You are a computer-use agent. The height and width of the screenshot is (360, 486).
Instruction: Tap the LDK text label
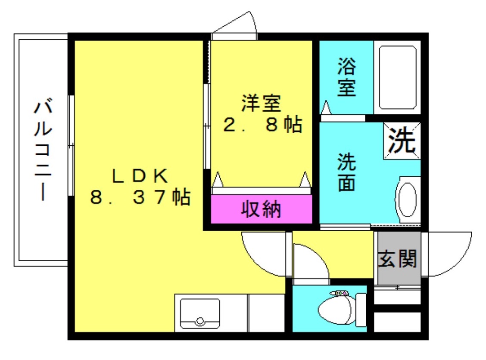[x=139, y=175]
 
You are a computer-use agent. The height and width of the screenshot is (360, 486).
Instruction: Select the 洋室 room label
[x=261, y=103]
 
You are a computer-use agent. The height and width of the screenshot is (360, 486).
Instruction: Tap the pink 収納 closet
[x=261, y=210]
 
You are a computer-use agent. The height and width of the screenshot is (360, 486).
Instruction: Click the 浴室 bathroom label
[x=346, y=78]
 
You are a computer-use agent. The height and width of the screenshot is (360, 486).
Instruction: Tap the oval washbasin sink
[x=407, y=200]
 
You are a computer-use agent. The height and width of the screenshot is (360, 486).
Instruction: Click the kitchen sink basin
[x=199, y=311]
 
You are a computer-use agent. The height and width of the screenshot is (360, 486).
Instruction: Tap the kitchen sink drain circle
[x=199, y=321]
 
